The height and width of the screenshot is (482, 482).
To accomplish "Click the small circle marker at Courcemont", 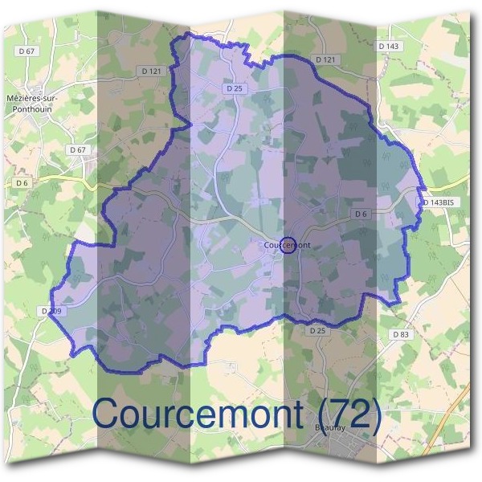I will [x=289, y=245].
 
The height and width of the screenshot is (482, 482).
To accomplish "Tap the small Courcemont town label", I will [x=287, y=245].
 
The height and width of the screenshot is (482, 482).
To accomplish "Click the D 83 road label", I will [x=401, y=333].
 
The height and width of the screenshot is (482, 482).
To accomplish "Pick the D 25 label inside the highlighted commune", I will [x=235, y=89].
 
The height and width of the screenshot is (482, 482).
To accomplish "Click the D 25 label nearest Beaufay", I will [x=317, y=330].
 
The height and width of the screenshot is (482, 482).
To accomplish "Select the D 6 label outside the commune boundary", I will [x=21, y=183].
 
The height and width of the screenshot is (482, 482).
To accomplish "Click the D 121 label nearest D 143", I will [x=325, y=59].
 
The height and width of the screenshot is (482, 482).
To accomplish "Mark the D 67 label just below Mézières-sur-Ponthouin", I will [x=77, y=149].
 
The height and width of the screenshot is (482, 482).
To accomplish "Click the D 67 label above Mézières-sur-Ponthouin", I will [x=27, y=51].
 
